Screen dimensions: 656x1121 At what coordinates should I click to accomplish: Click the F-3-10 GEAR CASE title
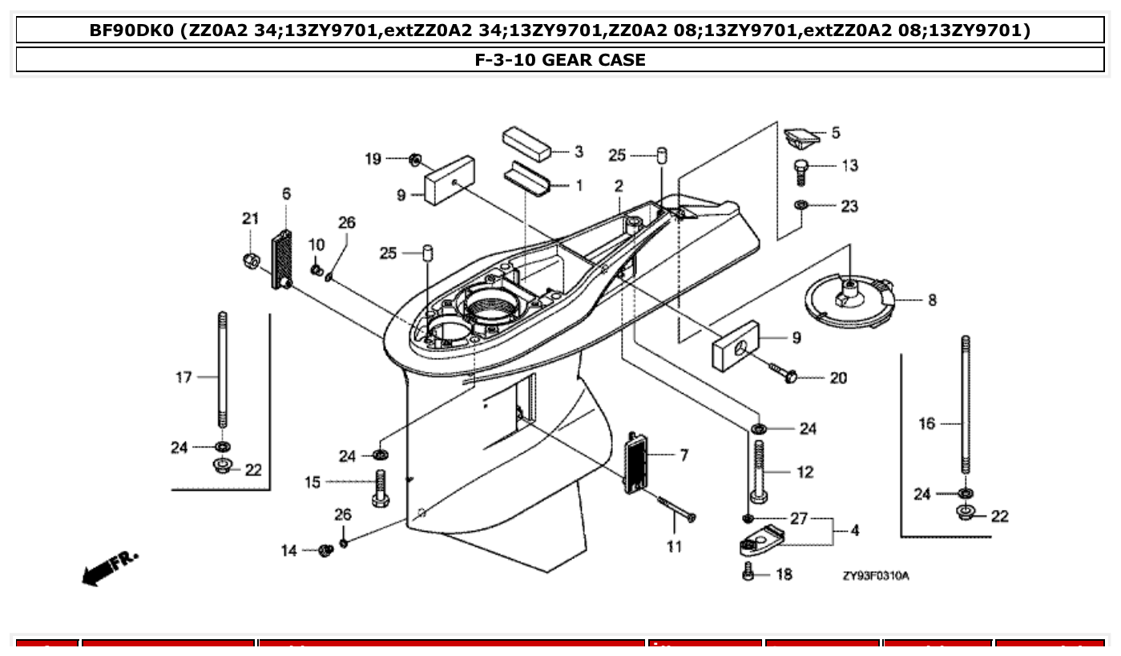(560, 59)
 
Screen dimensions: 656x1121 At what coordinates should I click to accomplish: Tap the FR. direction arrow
(109, 566)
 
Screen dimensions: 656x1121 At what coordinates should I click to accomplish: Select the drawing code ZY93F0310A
(875, 576)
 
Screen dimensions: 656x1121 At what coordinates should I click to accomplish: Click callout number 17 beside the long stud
(183, 377)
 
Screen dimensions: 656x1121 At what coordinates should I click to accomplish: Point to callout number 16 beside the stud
(926, 423)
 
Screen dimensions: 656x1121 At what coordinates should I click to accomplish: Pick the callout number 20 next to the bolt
(837, 378)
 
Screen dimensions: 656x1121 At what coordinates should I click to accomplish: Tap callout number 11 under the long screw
(674, 547)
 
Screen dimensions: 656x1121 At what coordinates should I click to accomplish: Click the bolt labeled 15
(381, 487)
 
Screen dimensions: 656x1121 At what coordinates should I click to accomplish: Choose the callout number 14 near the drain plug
(288, 551)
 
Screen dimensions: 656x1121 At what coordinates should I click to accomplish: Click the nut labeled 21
(250, 260)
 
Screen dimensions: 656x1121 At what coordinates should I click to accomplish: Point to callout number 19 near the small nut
(373, 159)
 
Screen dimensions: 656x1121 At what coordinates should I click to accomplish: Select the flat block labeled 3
(526, 143)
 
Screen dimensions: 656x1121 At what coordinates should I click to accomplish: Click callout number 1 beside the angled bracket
(579, 185)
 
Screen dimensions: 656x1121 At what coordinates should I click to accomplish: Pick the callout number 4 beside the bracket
(854, 531)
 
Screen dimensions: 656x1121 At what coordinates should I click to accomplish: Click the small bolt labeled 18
(749, 573)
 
